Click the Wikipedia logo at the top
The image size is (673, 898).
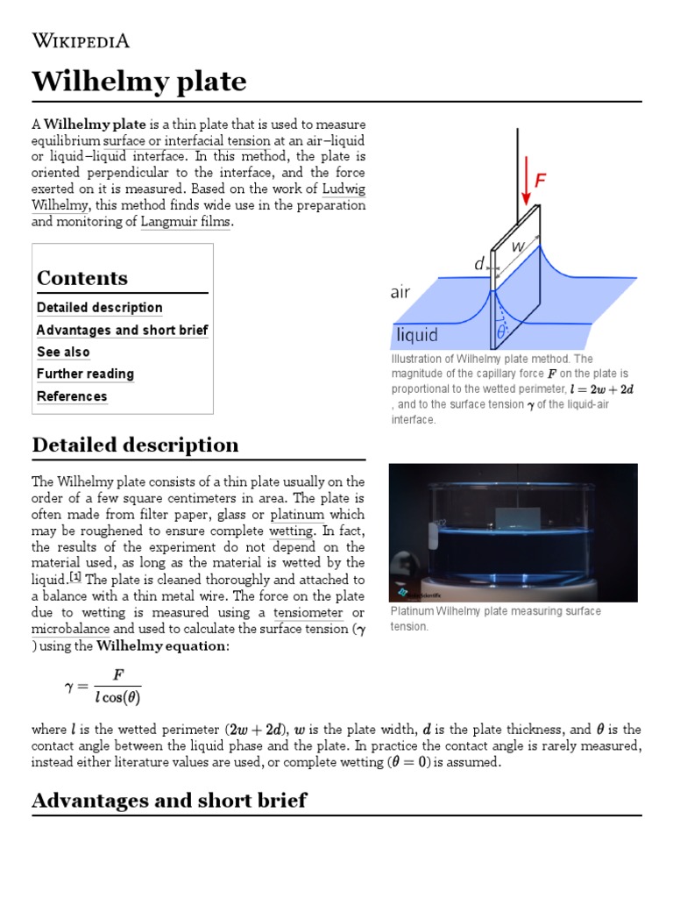[81, 40]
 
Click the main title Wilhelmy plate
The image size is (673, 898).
[139, 82]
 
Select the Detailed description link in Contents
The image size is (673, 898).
[99, 308]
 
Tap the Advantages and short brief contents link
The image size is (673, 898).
[122, 331]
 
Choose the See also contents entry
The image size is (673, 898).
[63, 353]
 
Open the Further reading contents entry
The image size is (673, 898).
[85, 374]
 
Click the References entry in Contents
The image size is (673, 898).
[72, 396]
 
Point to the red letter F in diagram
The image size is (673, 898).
[541, 181]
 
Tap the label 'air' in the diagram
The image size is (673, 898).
[400, 293]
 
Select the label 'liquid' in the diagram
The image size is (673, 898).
[417, 335]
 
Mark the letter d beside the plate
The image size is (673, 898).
[478, 263]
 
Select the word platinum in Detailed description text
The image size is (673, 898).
[297, 515]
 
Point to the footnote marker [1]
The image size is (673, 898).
[75, 577]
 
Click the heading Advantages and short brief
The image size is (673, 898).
[169, 800]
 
